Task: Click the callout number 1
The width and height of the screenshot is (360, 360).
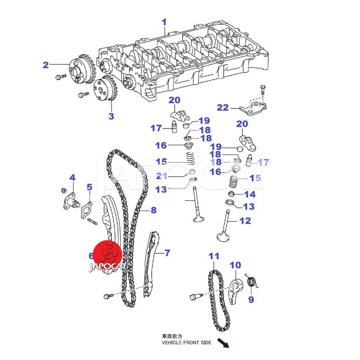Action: point(164,22)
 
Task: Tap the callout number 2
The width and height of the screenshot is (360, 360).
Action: point(45,65)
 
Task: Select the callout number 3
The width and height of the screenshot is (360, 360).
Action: point(111,117)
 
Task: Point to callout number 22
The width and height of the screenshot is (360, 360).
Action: point(223,108)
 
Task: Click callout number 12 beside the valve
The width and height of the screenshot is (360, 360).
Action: point(245,221)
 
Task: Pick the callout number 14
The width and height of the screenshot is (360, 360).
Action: point(249,194)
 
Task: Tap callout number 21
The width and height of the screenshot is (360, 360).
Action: point(162,176)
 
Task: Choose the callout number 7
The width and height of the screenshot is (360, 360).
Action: point(167,253)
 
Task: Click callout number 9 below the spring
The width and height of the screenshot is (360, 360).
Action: point(251,299)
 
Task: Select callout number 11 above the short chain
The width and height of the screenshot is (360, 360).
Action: point(214,256)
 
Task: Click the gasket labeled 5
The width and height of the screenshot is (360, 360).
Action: point(86,209)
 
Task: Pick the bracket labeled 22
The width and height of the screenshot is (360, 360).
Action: point(254,108)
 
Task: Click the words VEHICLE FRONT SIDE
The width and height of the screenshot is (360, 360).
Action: point(186,342)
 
